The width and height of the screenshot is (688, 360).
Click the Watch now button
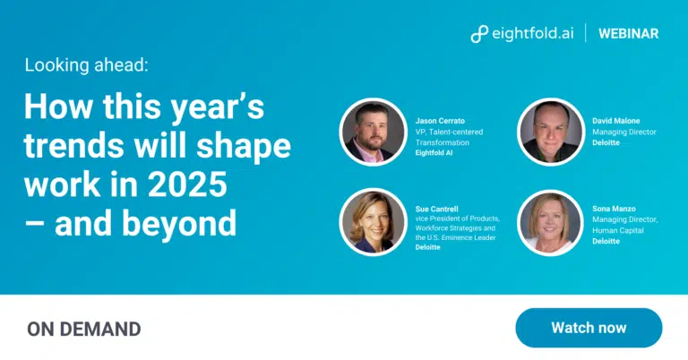click(589, 328)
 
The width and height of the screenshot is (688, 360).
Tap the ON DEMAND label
click(84, 330)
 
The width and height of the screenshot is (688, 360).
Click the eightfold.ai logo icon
click(479, 34)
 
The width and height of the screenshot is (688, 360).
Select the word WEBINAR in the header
click(628, 34)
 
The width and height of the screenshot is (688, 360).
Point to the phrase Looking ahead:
click(86, 64)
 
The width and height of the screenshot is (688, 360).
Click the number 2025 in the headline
click(187, 184)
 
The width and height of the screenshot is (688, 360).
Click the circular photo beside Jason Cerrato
click(374, 132)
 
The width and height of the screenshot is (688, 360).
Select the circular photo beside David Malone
click(551, 132)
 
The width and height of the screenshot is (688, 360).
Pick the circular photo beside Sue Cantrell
click(374, 222)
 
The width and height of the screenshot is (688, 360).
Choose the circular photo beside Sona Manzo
click(551, 222)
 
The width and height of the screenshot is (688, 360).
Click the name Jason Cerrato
click(440, 121)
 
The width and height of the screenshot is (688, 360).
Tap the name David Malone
click(616, 121)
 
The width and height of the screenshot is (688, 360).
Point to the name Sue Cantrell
click(436, 210)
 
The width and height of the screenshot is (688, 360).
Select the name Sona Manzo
click(614, 209)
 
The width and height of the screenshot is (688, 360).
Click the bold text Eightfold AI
click(434, 153)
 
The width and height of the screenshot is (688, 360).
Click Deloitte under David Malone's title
click(606, 142)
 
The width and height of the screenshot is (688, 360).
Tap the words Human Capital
click(618, 231)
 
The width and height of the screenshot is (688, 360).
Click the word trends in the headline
click(73, 145)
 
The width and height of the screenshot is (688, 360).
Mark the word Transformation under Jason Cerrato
click(443, 142)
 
